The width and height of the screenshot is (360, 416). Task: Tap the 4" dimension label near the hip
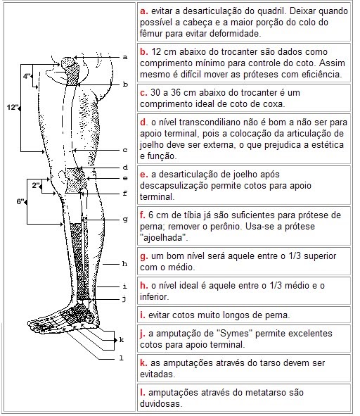coord(27,75)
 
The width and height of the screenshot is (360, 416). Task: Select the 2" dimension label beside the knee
coord(36,185)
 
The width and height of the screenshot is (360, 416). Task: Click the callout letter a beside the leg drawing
coord(124,56)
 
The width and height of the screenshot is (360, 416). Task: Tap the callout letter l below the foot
coord(121,357)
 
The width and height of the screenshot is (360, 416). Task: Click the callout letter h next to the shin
coord(124,263)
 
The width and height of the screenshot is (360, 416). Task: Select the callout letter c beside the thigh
coord(124,149)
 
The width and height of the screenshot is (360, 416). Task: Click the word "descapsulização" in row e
coord(174,187)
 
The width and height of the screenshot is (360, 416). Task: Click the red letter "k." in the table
coord(144,363)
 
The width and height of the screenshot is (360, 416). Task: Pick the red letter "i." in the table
coord(143,314)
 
